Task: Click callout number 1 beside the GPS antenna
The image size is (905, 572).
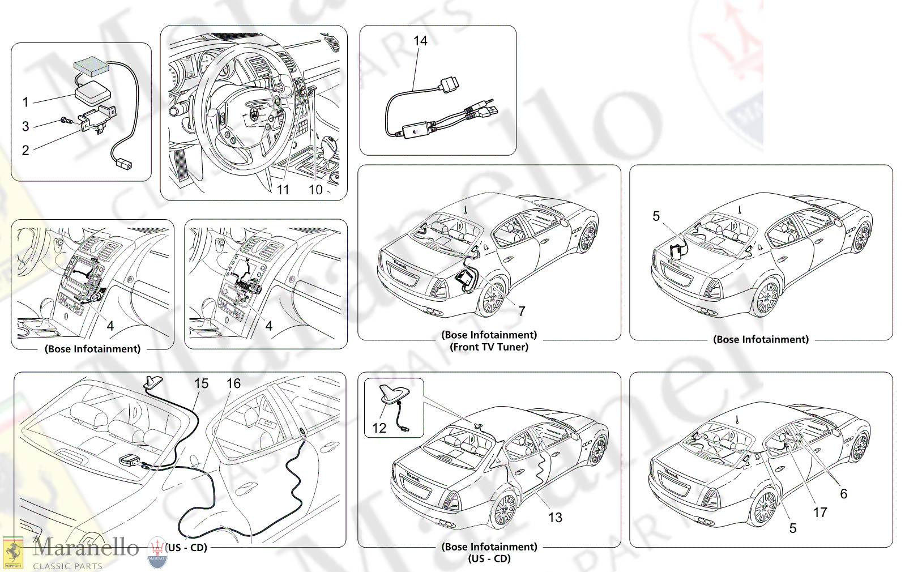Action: (x=25, y=102)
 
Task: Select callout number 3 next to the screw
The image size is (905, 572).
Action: (x=25, y=126)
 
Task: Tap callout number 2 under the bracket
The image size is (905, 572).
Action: (x=25, y=150)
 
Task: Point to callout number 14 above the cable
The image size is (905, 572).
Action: (x=420, y=41)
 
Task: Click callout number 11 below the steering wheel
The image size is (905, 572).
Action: (x=283, y=190)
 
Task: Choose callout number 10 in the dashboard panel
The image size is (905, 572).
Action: (x=315, y=190)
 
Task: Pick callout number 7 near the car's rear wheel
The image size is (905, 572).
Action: (x=522, y=311)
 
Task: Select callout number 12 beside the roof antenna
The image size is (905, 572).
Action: (x=379, y=428)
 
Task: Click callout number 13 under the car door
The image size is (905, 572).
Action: (x=555, y=518)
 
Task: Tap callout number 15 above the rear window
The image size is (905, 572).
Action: (x=201, y=383)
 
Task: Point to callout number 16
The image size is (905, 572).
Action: (x=233, y=383)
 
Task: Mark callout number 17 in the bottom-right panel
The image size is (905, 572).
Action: (x=820, y=513)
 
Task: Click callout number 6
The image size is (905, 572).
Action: (x=843, y=494)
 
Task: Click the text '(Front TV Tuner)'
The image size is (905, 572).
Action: (x=489, y=347)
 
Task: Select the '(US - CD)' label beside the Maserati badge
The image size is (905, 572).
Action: (x=186, y=548)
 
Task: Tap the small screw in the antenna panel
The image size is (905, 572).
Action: (x=66, y=121)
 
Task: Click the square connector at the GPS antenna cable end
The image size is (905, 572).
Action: (x=123, y=164)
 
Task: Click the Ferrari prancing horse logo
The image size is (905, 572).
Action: (x=12, y=552)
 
